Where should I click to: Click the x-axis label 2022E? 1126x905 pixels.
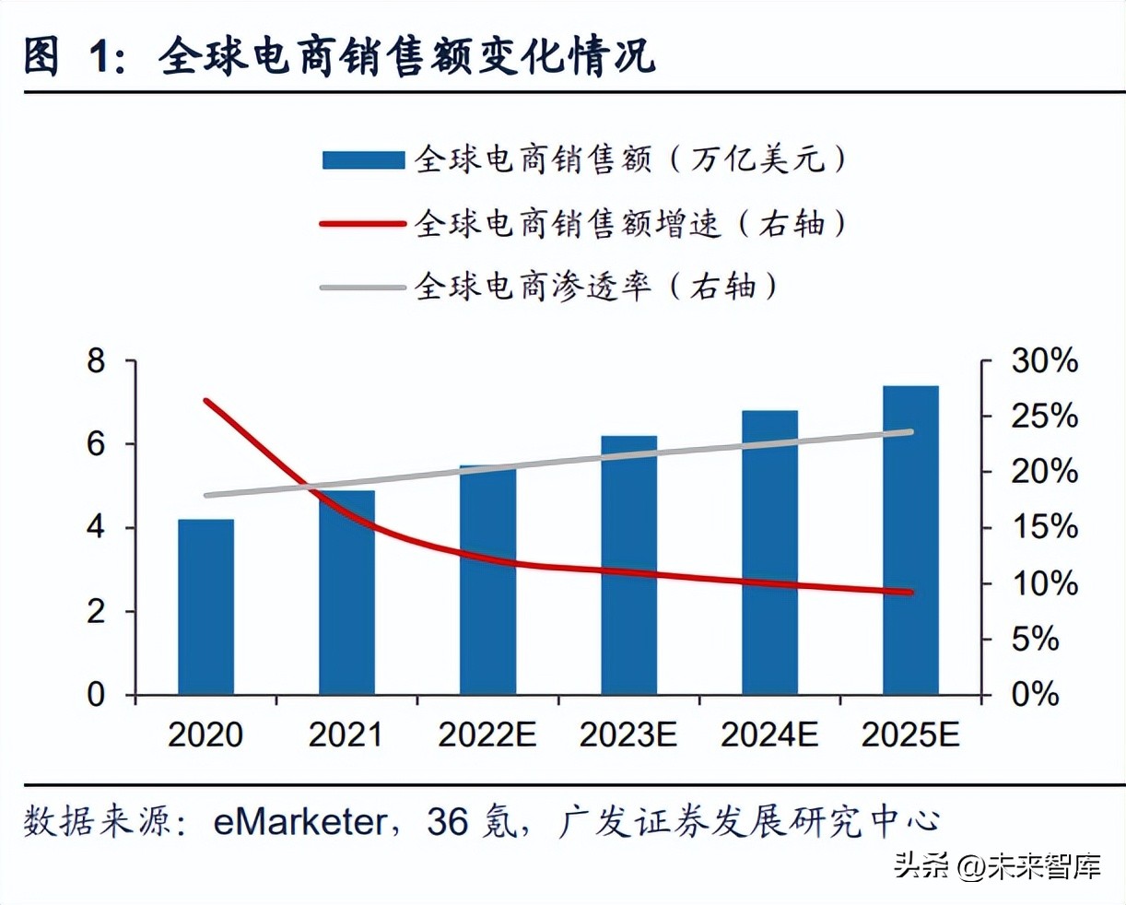(487, 735)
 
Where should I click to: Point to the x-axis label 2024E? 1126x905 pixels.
(769, 735)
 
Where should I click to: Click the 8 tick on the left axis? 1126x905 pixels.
(97, 361)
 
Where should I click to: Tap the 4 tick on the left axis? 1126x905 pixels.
(97, 528)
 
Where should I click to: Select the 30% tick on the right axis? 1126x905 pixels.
(1044, 361)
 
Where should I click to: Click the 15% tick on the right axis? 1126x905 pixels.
(1044, 528)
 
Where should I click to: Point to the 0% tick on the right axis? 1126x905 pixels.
(1035, 694)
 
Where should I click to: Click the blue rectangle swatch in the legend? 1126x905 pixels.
(363, 160)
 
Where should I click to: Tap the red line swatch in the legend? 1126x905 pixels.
(363, 224)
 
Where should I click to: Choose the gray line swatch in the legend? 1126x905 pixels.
(363, 288)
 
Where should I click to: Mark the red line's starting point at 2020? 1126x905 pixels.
(206, 401)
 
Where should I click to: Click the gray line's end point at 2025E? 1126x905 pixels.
(910, 431)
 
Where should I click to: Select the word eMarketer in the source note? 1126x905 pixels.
(299, 821)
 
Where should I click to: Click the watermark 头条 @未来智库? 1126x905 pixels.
(998, 866)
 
